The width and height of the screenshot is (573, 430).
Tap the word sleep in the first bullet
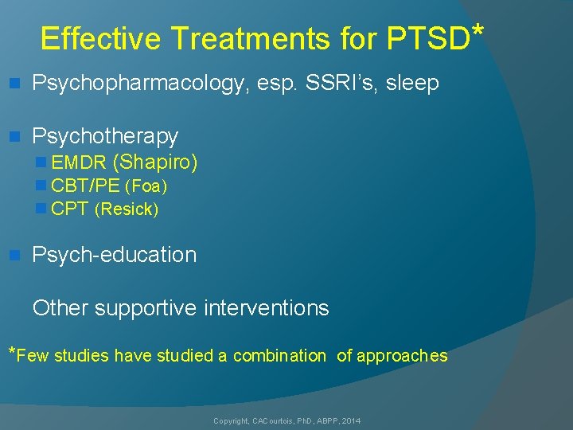(411, 84)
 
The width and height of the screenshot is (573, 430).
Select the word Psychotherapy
(105, 136)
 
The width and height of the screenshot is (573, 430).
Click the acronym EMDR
(78, 163)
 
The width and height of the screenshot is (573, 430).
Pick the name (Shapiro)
(155, 162)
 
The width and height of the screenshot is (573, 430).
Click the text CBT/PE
(84, 187)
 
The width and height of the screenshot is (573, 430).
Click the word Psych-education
(114, 255)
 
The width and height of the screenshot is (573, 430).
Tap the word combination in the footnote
(279, 356)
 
